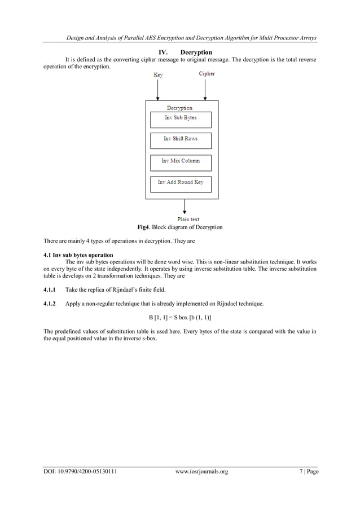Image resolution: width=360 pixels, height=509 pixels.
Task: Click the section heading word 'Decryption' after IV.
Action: point(196,52)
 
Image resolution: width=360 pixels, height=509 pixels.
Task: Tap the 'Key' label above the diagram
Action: point(159,74)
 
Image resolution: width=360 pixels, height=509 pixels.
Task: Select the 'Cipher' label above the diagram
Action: point(207,74)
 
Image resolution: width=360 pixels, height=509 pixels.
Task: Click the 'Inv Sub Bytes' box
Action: point(181,119)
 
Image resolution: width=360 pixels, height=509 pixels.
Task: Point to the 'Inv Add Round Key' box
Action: point(181,183)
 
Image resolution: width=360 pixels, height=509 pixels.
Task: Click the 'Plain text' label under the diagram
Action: point(188,219)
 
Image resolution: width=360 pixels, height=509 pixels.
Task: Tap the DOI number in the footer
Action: point(80,472)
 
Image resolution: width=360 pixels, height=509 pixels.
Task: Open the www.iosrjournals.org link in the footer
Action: point(201,472)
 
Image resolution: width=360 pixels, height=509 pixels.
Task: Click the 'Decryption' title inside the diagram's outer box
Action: point(179,108)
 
